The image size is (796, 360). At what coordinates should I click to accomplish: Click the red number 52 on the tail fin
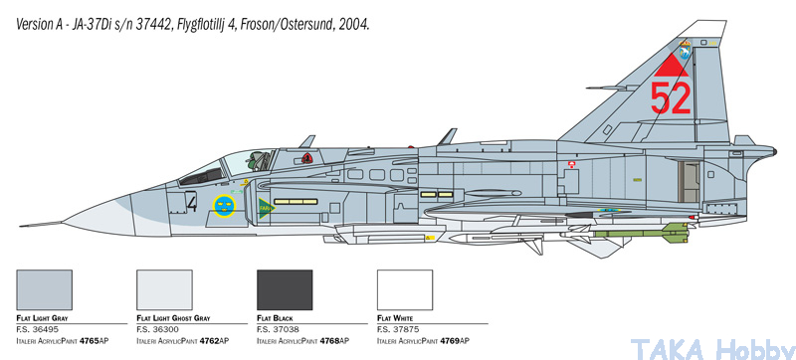pyautogui.click(x=671, y=98)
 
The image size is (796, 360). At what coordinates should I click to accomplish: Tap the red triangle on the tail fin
pyautogui.click(x=671, y=67)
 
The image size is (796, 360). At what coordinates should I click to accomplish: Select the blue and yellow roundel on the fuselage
pyautogui.click(x=225, y=206)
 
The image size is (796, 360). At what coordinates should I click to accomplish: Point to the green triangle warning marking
pyautogui.click(x=265, y=208)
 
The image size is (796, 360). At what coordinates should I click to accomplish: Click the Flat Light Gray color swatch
pyautogui.click(x=44, y=290)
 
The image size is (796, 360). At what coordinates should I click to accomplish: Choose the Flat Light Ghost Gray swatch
pyautogui.click(x=164, y=290)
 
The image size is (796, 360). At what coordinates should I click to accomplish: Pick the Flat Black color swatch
pyautogui.click(x=285, y=290)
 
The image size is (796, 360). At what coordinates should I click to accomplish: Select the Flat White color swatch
pyautogui.click(x=405, y=290)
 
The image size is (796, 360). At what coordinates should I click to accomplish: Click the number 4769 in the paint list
pyautogui.click(x=450, y=341)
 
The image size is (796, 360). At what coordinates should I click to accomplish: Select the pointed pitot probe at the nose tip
pyautogui.click(x=41, y=224)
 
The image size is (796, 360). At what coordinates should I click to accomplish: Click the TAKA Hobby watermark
pyautogui.click(x=712, y=349)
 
